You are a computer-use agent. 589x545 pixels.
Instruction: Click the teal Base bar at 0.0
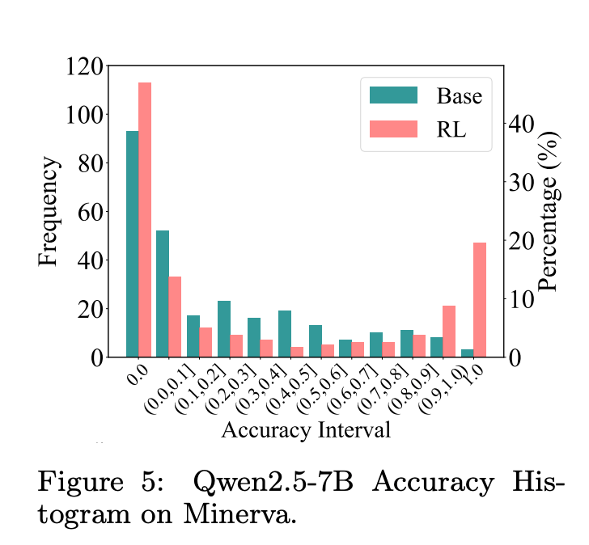pos(132,243)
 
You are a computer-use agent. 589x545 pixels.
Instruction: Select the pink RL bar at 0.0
pos(145,219)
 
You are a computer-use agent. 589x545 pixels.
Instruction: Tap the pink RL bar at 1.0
pos(480,299)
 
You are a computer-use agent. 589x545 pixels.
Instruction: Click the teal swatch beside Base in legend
pos(393,95)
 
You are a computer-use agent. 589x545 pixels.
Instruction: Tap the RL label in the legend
pos(451,129)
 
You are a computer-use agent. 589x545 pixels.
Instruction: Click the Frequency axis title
pos(49,212)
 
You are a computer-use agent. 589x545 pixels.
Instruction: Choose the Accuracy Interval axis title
pos(306,429)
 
